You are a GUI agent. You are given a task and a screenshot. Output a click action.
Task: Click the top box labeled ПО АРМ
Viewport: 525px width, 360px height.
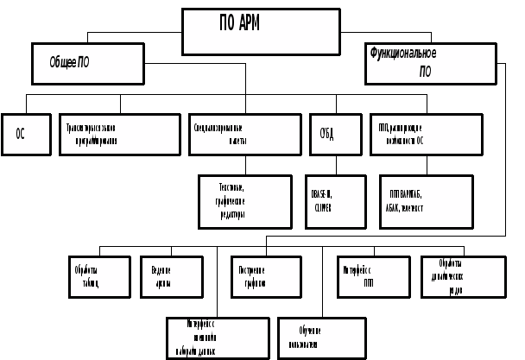[261, 32]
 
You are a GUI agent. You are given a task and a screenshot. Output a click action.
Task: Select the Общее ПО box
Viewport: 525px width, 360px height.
[87, 63]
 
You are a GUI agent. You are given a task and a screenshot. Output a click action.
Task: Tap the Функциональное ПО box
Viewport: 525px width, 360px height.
[430, 63]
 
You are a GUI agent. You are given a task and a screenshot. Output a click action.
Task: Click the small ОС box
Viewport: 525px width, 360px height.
[20, 134]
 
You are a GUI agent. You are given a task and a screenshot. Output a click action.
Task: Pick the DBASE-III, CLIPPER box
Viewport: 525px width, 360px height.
[335, 202]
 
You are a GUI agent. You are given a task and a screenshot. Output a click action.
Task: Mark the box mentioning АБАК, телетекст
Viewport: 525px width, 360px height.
[426, 202]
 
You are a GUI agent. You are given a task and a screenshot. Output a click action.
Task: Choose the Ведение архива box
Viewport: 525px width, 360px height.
[171, 276]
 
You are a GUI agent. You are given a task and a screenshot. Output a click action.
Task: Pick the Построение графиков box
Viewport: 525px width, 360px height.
[266, 276]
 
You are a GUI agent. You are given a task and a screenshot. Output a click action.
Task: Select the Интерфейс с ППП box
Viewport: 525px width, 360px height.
[373, 276]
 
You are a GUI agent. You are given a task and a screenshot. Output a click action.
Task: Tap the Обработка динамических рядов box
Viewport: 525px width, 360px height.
[457, 276]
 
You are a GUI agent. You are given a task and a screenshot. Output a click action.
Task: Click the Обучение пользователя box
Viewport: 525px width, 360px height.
[322, 338]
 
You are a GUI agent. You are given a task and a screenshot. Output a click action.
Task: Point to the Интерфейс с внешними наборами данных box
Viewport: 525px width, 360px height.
[218, 338]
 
